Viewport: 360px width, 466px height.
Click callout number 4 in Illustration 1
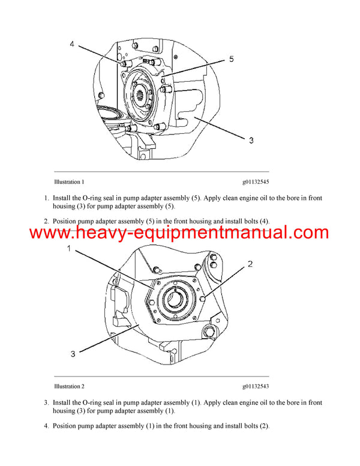tap(71, 44)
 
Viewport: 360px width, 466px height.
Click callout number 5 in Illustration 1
tap(231, 59)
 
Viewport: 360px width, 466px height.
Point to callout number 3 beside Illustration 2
tap(73, 354)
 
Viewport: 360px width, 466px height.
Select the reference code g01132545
tap(256, 181)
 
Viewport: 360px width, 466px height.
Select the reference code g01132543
tap(256, 386)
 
